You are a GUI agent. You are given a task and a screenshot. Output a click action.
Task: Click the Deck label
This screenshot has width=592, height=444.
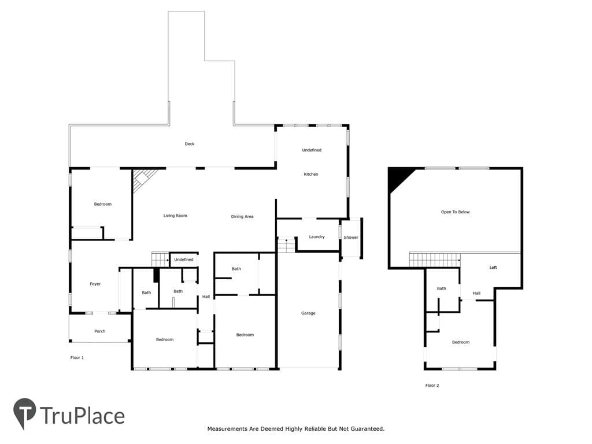pos(190,144)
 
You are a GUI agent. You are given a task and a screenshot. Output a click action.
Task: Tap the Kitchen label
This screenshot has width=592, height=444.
pos(311,174)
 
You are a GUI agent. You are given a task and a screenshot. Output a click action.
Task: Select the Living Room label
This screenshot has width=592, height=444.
pos(175,216)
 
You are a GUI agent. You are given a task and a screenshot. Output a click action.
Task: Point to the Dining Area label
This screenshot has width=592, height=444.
pos(242,216)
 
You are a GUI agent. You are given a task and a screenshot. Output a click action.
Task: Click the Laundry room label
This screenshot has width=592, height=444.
pos(317,236)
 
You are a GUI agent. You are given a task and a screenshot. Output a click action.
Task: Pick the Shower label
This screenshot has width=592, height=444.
pos(351,238)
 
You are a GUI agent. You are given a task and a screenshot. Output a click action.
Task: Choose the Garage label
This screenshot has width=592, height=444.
pos(308,313)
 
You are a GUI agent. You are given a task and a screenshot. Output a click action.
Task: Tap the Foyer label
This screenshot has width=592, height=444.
pos(95,284)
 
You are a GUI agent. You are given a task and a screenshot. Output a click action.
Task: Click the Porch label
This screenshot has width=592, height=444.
pos(99,331)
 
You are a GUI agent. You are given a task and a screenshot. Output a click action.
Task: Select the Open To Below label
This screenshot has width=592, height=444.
pos(456,212)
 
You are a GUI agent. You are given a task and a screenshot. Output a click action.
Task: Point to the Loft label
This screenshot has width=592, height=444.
pos(493,267)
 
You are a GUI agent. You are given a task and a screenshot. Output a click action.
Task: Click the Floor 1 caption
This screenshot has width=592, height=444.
pos(77,357)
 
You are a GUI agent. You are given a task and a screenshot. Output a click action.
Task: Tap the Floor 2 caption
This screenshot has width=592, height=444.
pos(432,386)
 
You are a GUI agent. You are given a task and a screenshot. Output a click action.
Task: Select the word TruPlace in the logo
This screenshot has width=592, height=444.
pos(82,416)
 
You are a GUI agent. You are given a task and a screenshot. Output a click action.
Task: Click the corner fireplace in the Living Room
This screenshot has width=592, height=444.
pos(143,179)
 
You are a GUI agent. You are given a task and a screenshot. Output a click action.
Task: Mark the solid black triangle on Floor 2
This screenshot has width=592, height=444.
pos(399,178)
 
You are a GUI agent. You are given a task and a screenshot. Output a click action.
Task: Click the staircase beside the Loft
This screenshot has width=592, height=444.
pos(435,260)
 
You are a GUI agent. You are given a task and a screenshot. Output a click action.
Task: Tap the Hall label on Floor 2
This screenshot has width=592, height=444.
pos(476,293)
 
